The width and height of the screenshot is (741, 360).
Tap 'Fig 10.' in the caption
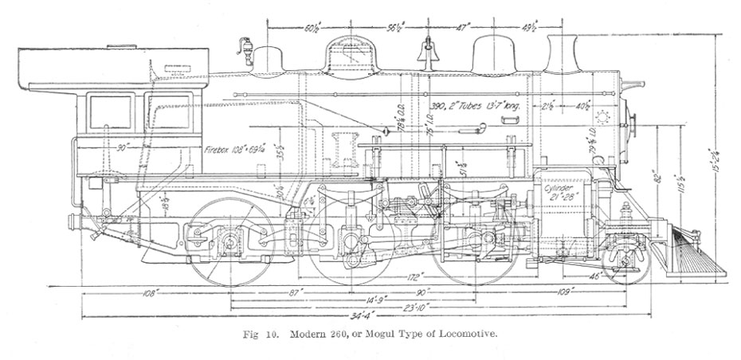(256, 335)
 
